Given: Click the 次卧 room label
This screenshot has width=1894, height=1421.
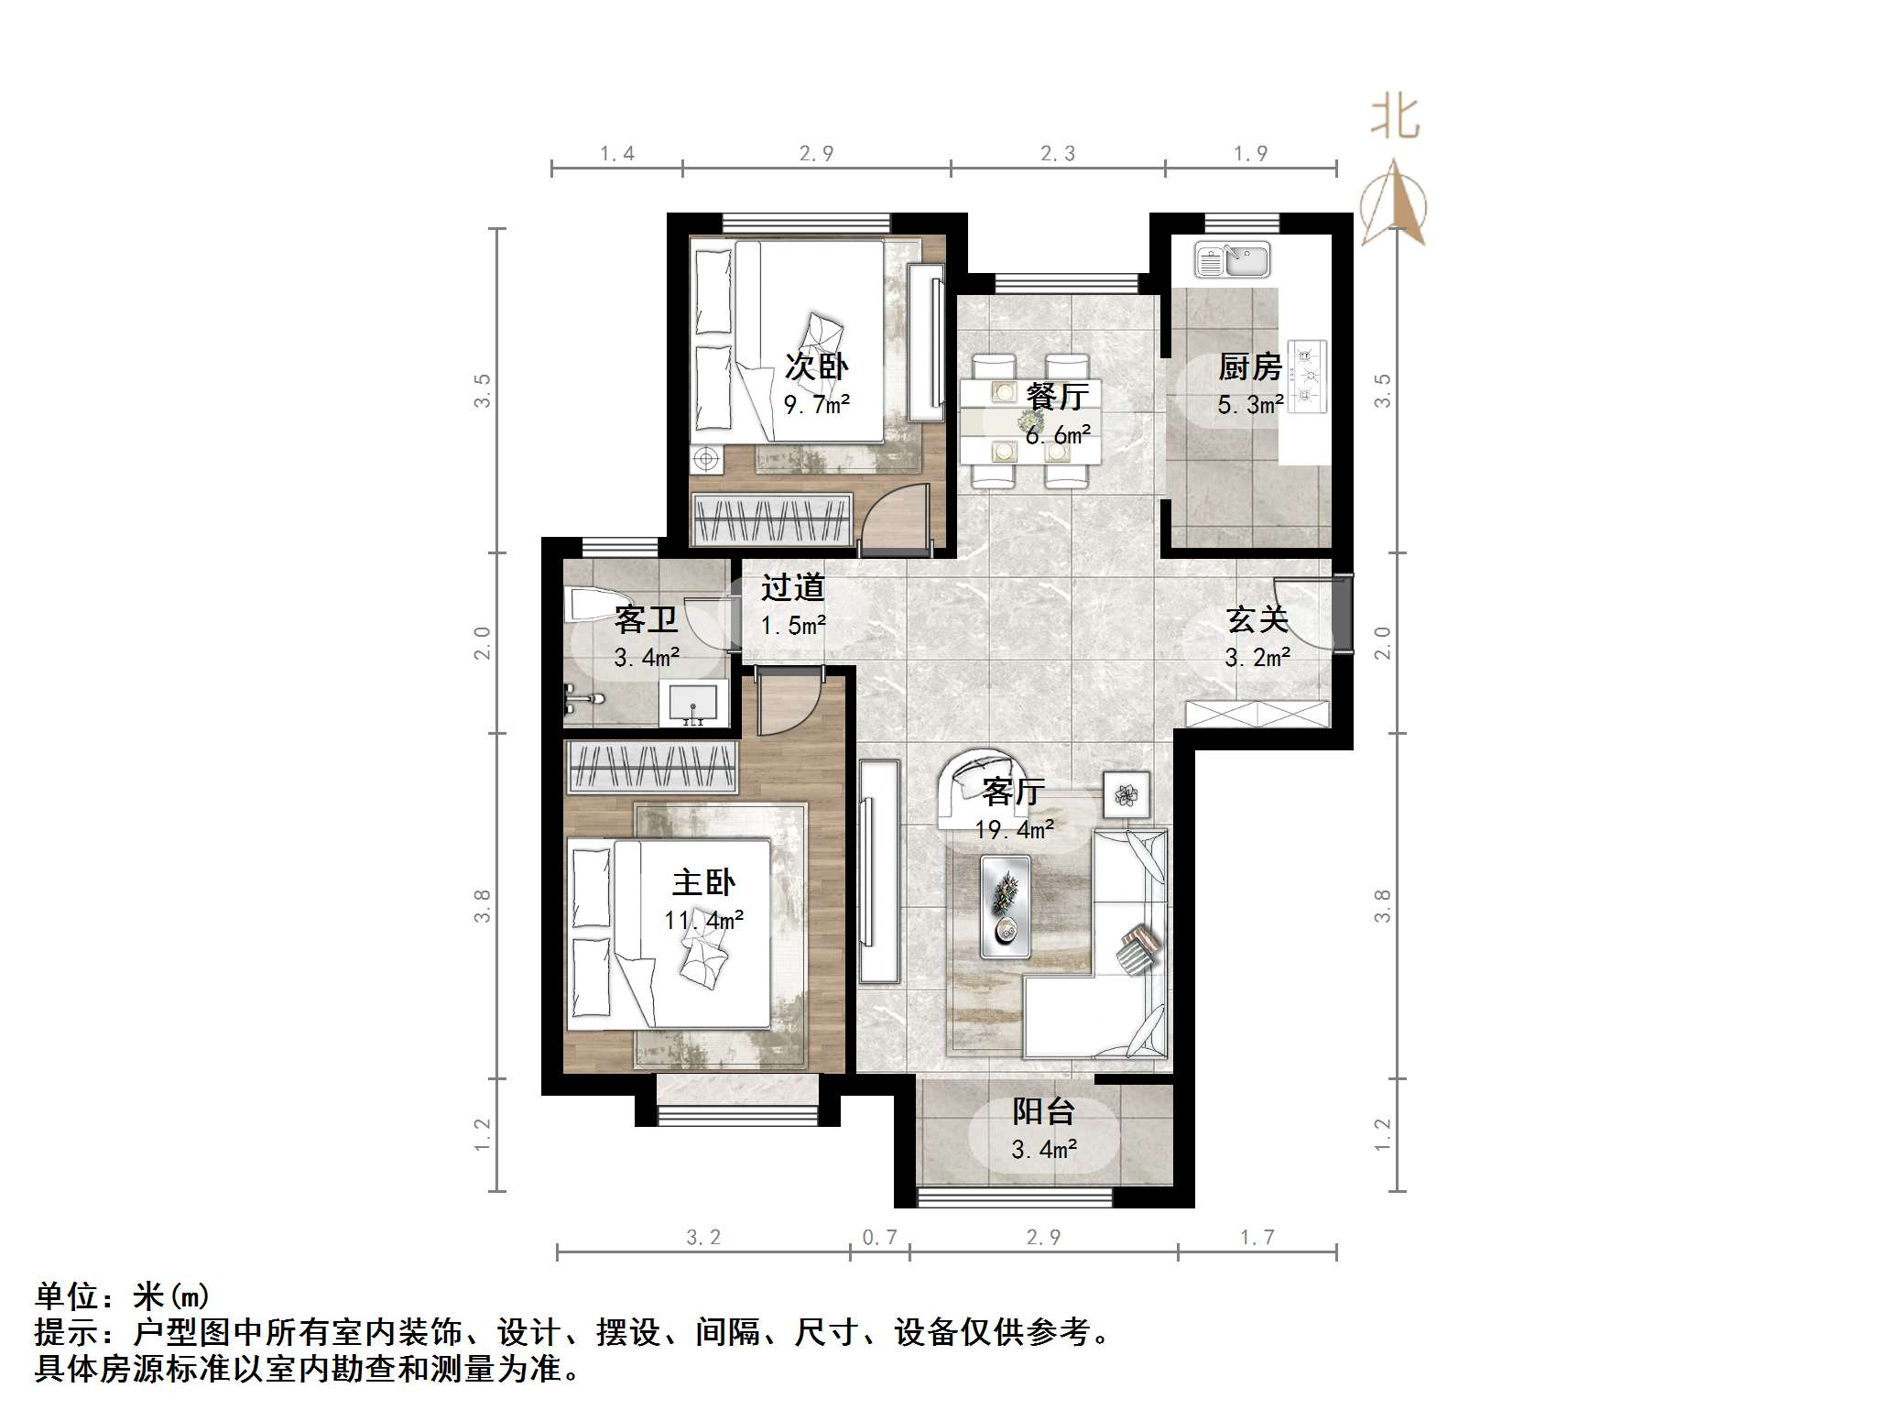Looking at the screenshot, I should (816, 366).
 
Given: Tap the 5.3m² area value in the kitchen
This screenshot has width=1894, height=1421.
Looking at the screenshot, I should (1249, 404).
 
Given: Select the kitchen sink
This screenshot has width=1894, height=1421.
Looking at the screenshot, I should (1232, 260).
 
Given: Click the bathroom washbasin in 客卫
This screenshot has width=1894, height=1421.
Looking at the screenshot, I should (693, 704).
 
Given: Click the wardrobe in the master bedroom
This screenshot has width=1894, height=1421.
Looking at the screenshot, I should (652, 767).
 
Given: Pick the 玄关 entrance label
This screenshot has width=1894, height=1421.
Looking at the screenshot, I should (1257, 620).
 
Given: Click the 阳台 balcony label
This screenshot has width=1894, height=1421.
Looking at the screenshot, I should (1043, 1111).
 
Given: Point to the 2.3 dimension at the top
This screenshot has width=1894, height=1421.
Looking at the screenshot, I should (1057, 154).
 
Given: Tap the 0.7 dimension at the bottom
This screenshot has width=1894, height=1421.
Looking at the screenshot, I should (879, 1238).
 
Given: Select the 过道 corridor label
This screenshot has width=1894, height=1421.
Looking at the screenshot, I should (792, 587).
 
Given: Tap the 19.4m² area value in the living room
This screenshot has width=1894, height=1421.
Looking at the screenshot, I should (1014, 830).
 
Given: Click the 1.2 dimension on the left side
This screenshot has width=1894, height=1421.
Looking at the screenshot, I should (484, 1134).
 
